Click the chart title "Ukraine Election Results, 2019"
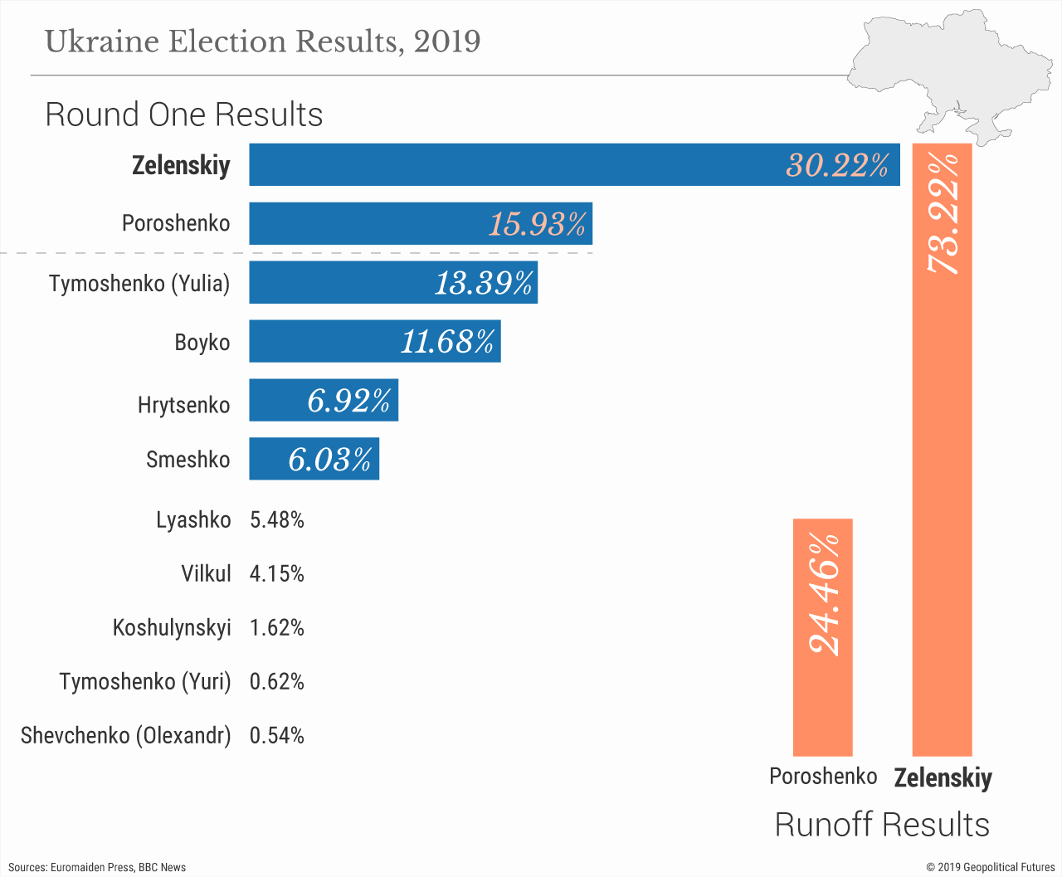(262, 41)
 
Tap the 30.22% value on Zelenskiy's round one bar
(837, 165)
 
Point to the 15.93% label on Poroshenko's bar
(538, 224)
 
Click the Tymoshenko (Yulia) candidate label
(139, 284)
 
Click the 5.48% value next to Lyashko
(276, 520)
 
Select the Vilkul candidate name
(206, 574)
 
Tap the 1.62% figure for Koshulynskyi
(276, 628)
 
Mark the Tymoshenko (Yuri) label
(145, 682)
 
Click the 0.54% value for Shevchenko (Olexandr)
(276, 736)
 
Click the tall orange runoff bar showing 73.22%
(942, 498)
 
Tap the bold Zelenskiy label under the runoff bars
(943, 778)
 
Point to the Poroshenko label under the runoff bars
(823, 777)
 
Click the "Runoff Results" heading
(882, 825)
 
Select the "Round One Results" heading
(184, 114)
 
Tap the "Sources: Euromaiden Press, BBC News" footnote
(97, 867)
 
